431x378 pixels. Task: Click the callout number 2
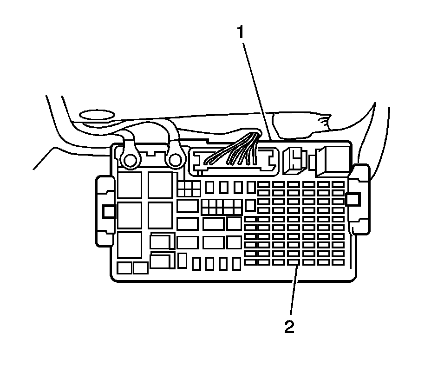pos(289,327)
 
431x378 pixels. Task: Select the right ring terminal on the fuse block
pos(175,160)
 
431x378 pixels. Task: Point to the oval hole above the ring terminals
pos(97,114)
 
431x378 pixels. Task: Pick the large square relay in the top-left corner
pos(130,184)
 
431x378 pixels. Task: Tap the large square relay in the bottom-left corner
pos(130,245)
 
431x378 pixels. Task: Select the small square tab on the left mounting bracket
pos(109,211)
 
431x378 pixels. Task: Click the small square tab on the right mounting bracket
pos(353,199)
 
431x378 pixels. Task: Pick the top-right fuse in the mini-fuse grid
pos(339,184)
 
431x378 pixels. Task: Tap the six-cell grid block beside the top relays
pos(189,188)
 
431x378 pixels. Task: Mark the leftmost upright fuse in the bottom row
pos(196,264)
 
